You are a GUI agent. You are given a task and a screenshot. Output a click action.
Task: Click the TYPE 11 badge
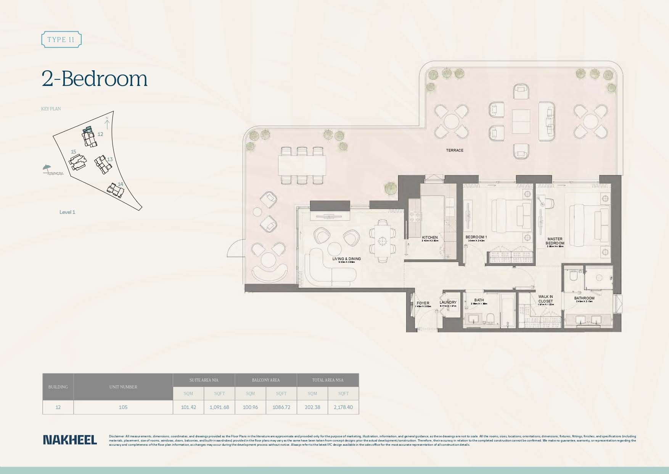pos(61,39)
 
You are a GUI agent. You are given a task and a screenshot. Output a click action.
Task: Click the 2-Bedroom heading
pos(94,79)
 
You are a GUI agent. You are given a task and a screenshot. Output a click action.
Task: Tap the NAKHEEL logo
pos(70,440)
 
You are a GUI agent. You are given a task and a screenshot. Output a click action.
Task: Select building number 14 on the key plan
pos(121,184)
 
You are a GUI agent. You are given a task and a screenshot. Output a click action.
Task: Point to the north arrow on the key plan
pos(107,123)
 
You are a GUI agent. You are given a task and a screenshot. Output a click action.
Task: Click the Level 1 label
pos(67,212)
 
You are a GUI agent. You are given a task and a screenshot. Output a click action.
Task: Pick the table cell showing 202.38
pos(312,407)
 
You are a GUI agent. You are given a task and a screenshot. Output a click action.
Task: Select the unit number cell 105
pos(123,407)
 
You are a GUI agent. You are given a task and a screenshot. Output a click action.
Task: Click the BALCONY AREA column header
pos(266,380)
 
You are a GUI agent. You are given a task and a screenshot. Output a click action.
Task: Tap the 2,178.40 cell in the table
pos(343,407)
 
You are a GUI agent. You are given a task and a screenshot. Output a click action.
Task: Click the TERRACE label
pos(455,150)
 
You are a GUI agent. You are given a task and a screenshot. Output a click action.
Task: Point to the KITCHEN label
pos(430,238)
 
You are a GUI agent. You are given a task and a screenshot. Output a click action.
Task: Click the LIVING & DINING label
pos(346,259)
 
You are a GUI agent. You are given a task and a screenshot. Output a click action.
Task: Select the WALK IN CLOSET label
pos(545,299)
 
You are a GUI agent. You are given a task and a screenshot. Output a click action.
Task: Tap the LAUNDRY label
pos(448,302)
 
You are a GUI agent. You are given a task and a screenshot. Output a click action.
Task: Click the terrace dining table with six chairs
pos(302,165)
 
